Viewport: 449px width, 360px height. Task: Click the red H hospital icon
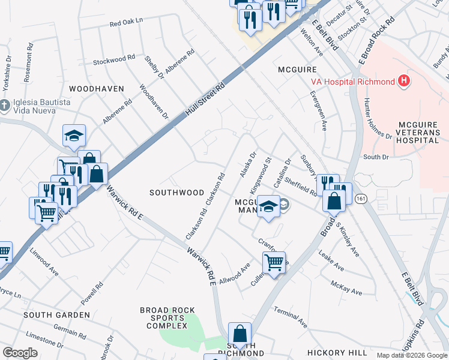tap(405, 82)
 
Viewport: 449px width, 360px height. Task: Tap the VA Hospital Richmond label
tap(352, 82)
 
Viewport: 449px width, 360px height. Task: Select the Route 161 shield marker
tap(361, 197)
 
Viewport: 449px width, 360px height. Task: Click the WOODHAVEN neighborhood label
tap(96, 88)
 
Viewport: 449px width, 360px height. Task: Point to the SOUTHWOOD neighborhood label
tap(176, 193)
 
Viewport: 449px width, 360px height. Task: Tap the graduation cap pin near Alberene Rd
tap(74, 136)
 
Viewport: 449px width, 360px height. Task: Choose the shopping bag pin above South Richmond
tap(240, 333)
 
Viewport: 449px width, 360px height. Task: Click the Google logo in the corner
tap(20, 353)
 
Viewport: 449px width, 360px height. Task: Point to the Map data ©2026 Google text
tap(412, 355)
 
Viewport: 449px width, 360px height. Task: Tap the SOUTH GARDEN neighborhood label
tap(56, 314)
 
